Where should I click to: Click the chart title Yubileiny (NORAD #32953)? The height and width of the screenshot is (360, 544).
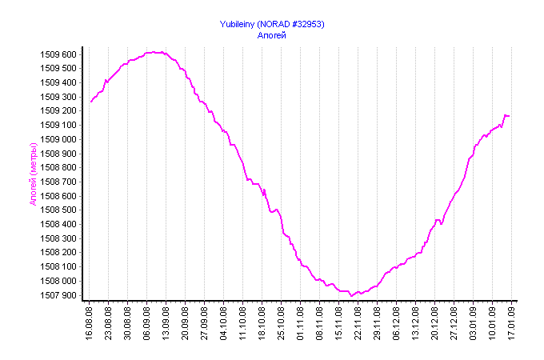[272, 24]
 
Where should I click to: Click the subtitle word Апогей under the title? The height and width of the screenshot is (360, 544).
[272, 35]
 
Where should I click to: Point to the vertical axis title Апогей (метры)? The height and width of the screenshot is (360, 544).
[34, 174]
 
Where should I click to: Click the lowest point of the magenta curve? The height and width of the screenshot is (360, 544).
[351, 296]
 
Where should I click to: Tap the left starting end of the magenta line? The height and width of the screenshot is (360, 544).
[90, 102]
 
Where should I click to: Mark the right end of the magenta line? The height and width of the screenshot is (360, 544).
[509, 116]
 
